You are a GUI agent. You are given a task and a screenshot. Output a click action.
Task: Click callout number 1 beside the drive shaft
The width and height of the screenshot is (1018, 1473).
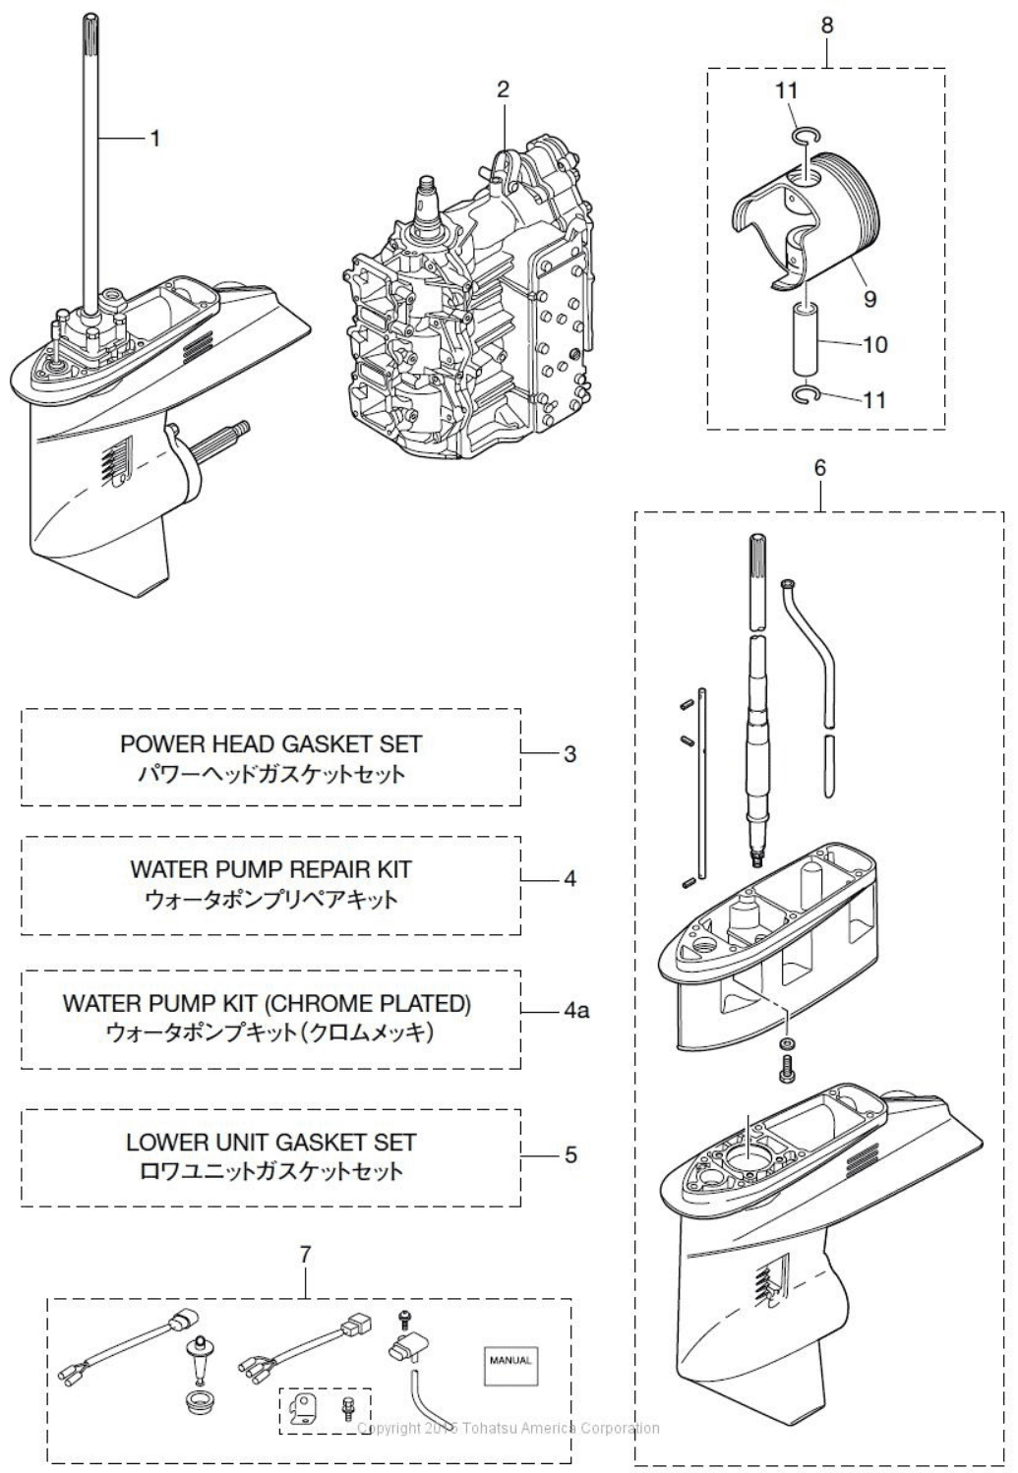[x=154, y=139]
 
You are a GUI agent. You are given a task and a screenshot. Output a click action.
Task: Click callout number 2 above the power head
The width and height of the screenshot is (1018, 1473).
[x=503, y=90]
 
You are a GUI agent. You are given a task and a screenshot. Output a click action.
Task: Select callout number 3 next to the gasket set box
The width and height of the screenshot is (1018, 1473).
[x=569, y=754]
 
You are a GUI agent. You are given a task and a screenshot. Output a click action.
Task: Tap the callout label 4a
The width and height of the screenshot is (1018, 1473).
[x=576, y=1011]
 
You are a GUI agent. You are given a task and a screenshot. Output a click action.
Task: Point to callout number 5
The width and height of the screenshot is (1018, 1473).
[x=570, y=1154]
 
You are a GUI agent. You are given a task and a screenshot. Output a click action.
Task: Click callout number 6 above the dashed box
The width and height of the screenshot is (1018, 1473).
[x=820, y=468]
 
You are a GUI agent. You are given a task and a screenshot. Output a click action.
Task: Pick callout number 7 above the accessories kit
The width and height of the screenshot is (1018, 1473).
[x=305, y=1254]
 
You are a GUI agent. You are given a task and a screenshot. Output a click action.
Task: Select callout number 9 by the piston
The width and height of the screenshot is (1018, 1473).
[x=869, y=299]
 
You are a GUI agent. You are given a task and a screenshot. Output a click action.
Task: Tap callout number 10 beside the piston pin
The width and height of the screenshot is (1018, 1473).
[x=874, y=344]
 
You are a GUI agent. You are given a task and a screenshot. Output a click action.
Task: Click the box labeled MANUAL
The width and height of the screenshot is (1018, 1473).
[x=510, y=1361]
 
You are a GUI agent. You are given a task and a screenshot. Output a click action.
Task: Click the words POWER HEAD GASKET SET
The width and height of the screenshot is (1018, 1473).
[x=270, y=744]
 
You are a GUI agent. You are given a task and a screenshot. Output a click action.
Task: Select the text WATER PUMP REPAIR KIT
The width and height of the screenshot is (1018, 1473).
[x=270, y=869]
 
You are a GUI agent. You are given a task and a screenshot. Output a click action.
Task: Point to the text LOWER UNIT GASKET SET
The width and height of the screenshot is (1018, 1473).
[x=270, y=1142]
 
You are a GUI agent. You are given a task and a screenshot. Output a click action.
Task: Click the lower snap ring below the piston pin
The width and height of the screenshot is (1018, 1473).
[x=805, y=395]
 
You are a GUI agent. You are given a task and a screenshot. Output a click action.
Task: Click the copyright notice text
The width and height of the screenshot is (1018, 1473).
[x=509, y=1428]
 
